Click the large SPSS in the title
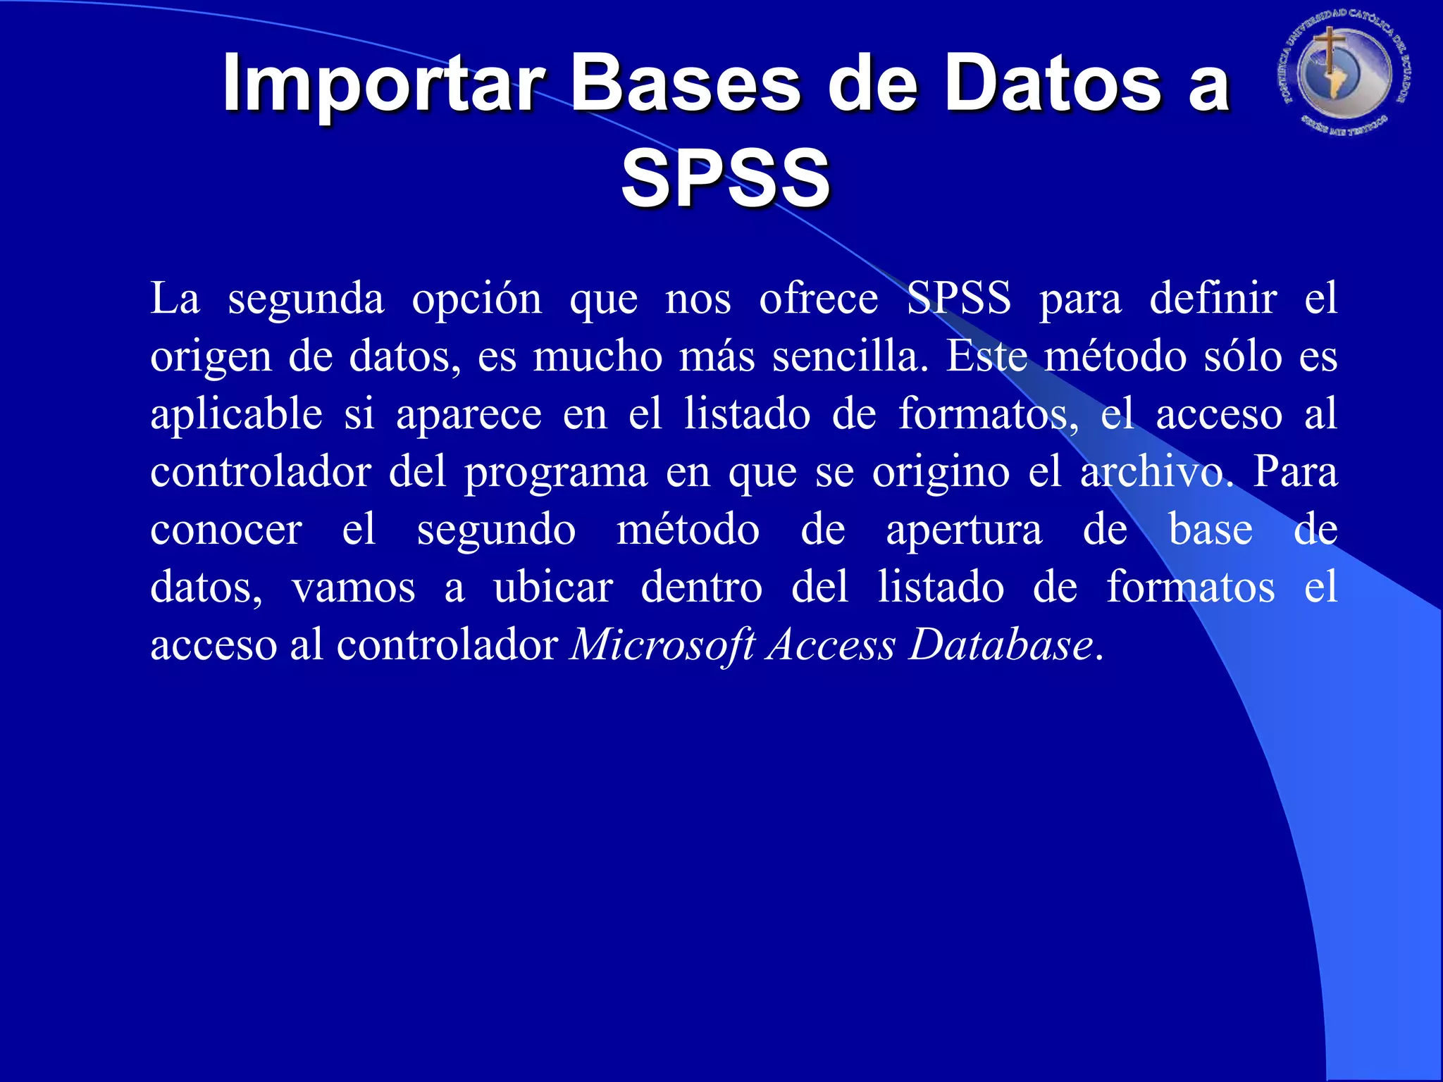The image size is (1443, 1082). click(x=726, y=179)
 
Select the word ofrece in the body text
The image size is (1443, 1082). click(x=818, y=299)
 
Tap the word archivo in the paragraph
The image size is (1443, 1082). click(x=1156, y=472)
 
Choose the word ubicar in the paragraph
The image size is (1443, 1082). click(x=552, y=587)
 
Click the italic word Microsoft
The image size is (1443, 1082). click(x=662, y=645)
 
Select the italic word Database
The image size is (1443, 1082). click(x=1001, y=645)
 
